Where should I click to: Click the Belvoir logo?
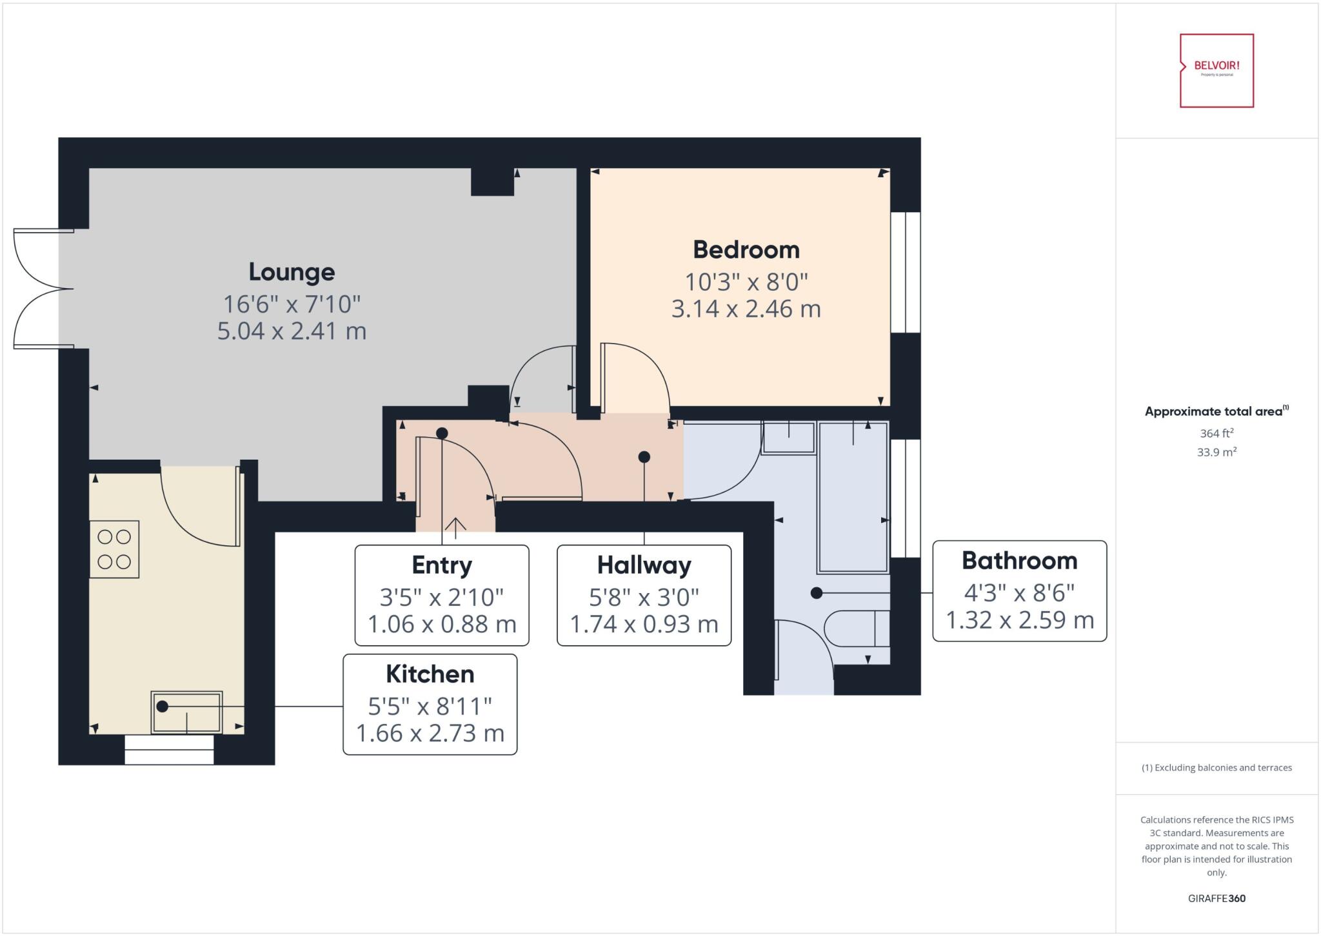click(x=1217, y=70)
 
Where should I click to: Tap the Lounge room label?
click(x=292, y=271)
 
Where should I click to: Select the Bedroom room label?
click(x=746, y=249)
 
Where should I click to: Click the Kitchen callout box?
click(x=430, y=704)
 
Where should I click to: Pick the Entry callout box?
click(x=442, y=595)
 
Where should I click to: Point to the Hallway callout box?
click(x=644, y=595)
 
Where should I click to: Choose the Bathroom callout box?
click(x=1019, y=590)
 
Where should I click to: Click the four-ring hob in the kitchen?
click(x=114, y=549)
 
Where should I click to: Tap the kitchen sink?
click(x=187, y=712)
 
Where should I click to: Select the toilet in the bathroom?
click(x=858, y=628)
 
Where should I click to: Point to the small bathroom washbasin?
click(x=788, y=438)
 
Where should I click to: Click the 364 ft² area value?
click(x=1217, y=433)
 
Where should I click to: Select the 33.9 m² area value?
click(x=1217, y=452)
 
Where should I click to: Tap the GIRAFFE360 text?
click(x=1217, y=898)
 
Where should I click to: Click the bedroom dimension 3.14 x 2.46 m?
click(x=746, y=309)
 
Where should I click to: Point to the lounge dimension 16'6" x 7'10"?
click(x=292, y=303)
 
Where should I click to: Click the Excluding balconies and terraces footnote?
click(x=1217, y=767)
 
